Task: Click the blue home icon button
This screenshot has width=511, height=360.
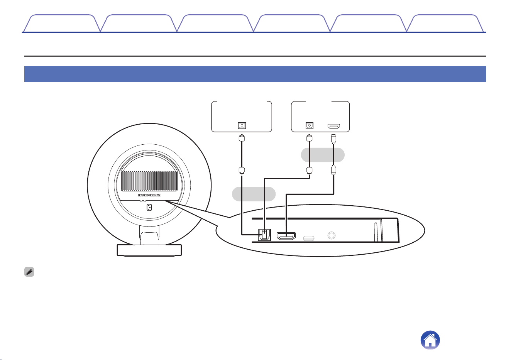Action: (430, 340)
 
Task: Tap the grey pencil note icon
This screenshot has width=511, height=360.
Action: (29, 272)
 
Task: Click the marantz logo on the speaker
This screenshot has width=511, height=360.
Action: (149, 195)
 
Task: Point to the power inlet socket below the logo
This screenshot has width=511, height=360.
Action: (149, 207)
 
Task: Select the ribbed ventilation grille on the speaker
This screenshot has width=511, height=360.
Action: (149, 181)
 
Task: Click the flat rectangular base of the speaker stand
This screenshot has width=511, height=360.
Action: (149, 250)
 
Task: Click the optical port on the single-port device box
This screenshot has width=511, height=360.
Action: (242, 125)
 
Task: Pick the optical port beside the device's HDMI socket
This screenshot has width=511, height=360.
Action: (309, 125)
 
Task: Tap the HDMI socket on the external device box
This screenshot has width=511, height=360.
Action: (334, 126)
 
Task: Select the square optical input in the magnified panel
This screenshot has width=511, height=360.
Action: (264, 235)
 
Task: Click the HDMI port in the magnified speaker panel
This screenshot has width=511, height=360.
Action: (286, 236)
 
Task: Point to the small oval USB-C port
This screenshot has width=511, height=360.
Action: (309, 238)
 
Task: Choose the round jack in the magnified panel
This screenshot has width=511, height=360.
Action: (332, 235)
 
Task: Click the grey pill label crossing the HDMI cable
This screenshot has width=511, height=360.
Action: (323, 155)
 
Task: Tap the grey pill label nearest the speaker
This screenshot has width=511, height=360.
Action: (254, 194)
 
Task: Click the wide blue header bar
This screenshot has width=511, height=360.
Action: (255, 74)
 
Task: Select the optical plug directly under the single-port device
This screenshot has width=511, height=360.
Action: (242, 138)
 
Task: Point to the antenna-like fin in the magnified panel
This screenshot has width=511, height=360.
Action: (376, 232)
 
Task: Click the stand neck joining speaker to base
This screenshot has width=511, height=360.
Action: (149, 235)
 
